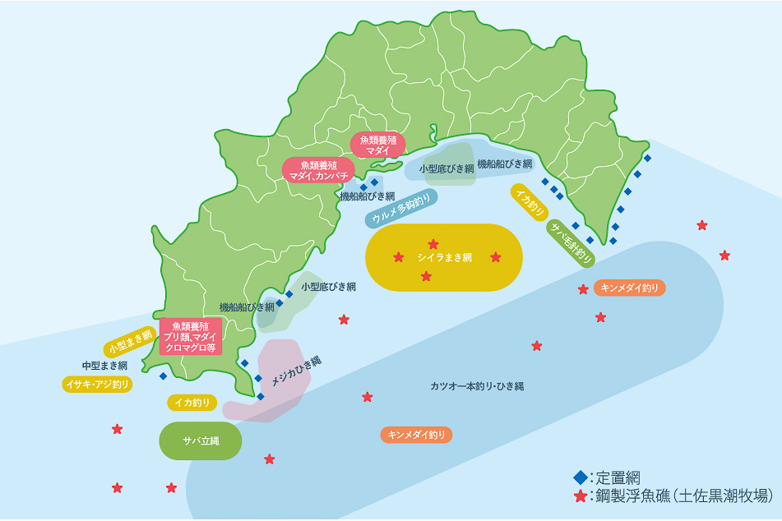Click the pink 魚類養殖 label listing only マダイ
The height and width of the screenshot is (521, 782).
[x=378, y=145]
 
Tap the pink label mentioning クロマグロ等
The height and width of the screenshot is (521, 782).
[x=189, y=337]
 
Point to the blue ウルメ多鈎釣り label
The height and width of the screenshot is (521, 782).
[x=400, y=208]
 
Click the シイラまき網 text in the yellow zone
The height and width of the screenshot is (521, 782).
[x=444, y=258]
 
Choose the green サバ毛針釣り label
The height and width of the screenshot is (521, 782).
[x=571, y=244]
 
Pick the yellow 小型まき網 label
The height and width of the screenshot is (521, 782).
[x=130, y=341]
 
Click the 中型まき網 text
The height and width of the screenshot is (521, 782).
[x=104, y=365]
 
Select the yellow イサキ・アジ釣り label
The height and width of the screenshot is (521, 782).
[x=97, y=384]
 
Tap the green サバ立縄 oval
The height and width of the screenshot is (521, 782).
[x=201, y=441]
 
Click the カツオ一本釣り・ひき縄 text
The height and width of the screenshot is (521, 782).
[x=477, y=385]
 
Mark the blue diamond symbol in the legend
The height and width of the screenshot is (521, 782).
[x=581, y=477]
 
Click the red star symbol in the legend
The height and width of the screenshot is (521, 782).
[x=581, y=496]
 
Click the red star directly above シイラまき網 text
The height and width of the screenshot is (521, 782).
[x=433, y=244]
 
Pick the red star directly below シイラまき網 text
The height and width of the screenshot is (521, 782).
[x=426, y=276]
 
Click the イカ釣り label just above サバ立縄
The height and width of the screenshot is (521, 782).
[x=192, y=403]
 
